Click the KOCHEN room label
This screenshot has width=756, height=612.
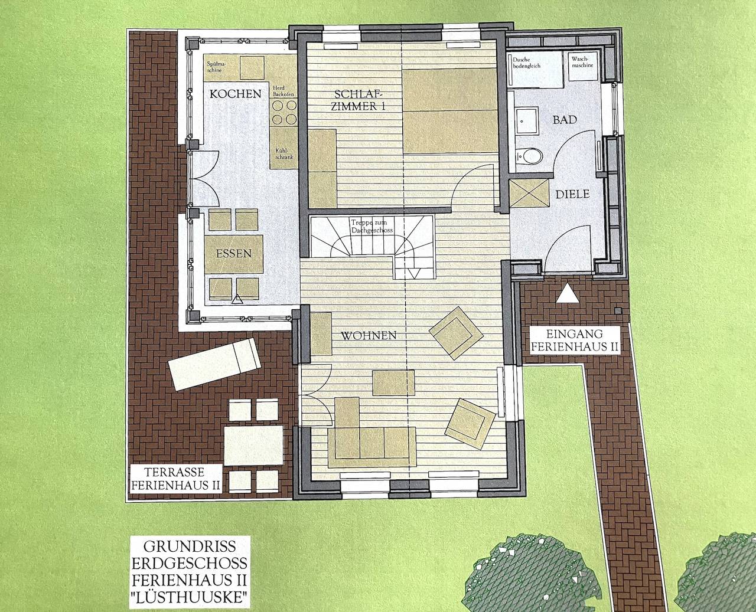(x=235, y=94)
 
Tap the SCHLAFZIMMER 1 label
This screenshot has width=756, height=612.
(x=359, y=100)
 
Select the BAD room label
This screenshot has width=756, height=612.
(x=564, y=120)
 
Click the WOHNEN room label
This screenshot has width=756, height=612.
(x=368, y=335)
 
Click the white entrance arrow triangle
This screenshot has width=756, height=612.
(x=568, y=294)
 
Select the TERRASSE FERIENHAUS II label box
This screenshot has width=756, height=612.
(x=175, y=479)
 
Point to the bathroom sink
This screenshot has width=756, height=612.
(x=525, y=121)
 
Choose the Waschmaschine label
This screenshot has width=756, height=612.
(x=582, y=62)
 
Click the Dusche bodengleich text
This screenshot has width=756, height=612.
(x=526, y=63)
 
